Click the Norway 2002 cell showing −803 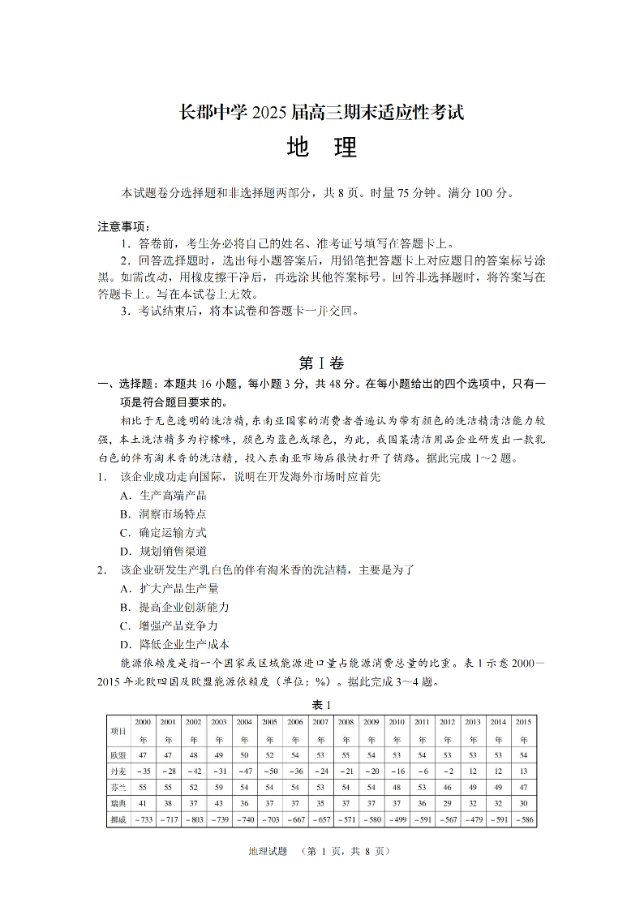pos(194,820)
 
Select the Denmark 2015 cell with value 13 pos(524,771)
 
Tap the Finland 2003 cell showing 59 pos(219,787)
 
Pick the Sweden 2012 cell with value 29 pos(448,803)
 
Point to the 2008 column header pos(346,730)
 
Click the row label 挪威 pos(118,820)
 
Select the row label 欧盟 pos(118,754)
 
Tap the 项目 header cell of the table pos(118,730)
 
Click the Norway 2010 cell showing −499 pos(397,820)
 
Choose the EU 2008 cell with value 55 pos(346,754)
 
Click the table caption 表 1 pos(322,703)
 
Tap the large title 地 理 pos(322,148)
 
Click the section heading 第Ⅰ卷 pos(322,363)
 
